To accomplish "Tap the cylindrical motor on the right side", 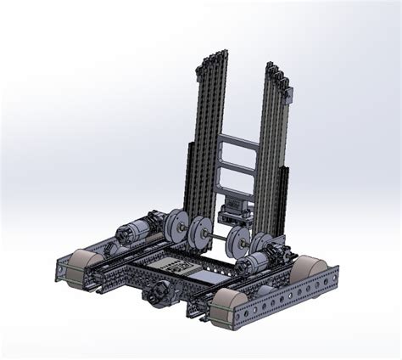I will pyautogui.click(x=269, y=254).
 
